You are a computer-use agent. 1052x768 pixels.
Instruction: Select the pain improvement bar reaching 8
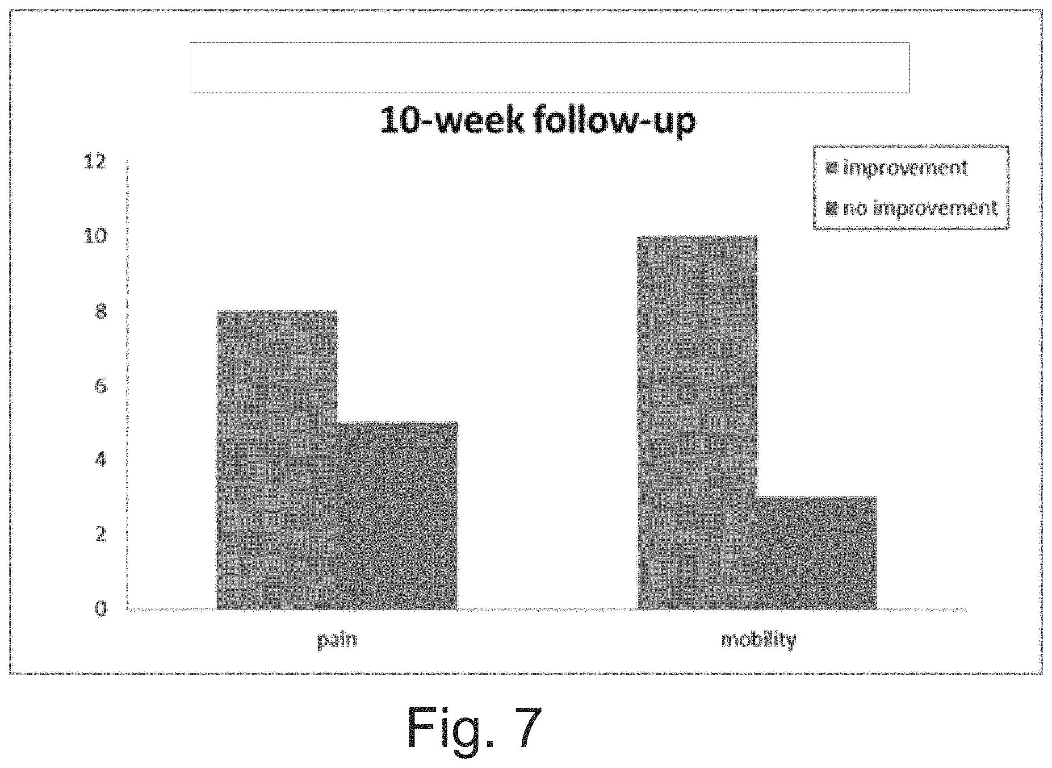(277, 460)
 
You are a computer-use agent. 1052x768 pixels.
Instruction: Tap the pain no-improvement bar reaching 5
(397, 516)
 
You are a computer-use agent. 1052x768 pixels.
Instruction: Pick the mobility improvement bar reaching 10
(697, 422)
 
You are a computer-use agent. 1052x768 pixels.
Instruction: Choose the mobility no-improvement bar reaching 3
(817, 553)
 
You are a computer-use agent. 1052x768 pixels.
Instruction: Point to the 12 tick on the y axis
(95, 162)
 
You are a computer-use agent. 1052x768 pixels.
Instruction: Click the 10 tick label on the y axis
(95, 236)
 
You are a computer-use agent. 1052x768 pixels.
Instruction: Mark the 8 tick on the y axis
(101, 311)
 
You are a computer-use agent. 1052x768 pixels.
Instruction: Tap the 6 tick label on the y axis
(101, 385)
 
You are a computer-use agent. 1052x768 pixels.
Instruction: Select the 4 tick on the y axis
(101, 460)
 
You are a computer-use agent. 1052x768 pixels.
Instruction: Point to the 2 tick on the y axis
(101, 534)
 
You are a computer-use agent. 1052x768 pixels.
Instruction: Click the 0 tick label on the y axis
(101, 609)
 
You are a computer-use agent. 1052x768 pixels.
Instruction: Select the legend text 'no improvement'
(920, 208)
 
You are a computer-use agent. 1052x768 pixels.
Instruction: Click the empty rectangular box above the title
(549, 68)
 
